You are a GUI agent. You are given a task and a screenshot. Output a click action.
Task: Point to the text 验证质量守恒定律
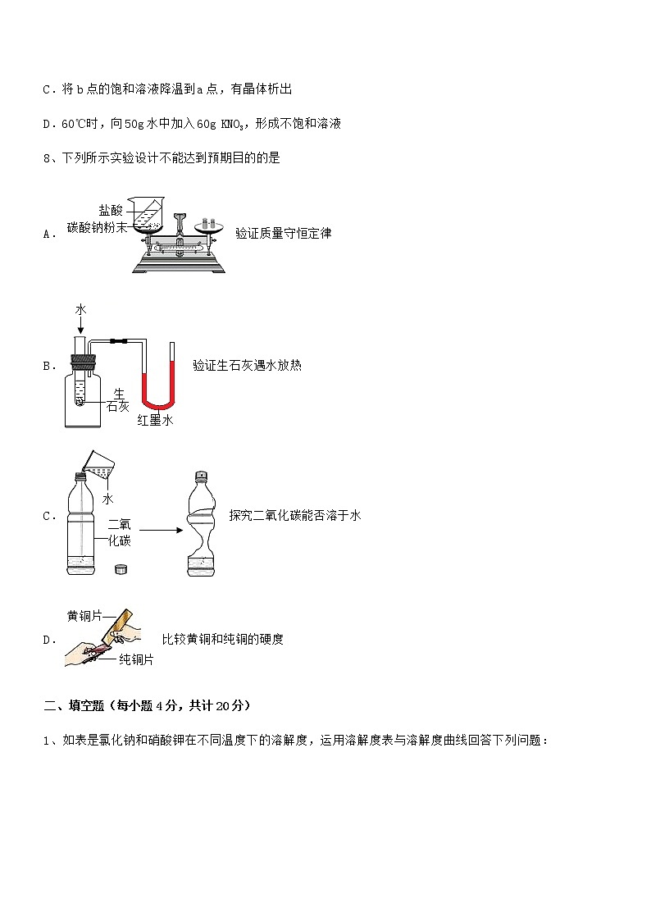283,233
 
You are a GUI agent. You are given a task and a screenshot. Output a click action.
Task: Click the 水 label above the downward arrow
80,309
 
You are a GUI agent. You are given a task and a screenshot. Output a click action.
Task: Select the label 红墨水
155,420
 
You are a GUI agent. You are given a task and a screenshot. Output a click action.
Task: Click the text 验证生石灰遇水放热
247,366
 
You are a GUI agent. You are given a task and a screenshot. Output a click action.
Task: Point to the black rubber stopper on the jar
84,359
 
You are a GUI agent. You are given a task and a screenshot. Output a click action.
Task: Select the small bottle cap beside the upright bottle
120,568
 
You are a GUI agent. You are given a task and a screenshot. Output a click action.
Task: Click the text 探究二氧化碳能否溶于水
295,516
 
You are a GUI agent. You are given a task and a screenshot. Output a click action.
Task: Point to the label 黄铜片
84,616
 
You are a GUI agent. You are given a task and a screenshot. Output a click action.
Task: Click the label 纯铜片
136,659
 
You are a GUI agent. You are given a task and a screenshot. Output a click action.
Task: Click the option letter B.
47,367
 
